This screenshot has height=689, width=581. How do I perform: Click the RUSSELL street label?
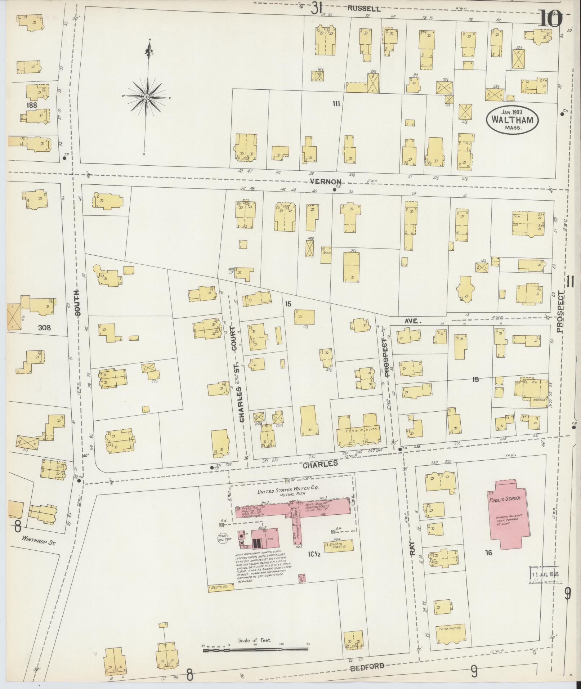tap(364, 9)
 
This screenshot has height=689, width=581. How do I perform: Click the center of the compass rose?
tap(147, 97)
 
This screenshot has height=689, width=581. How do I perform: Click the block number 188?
tap(32, 105)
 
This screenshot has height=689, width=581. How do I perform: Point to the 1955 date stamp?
tap(544, 574)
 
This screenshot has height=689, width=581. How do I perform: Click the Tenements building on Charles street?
tap(359, 429)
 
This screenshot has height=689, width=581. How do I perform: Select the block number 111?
tap(336, 104)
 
